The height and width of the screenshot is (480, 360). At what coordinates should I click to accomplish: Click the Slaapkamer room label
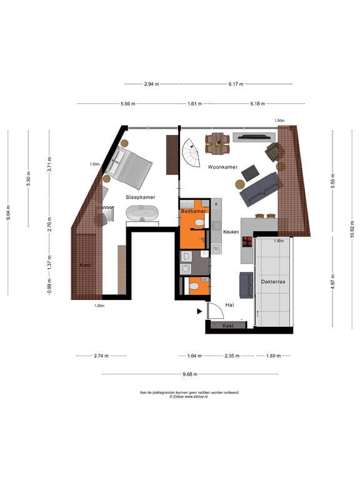tap(141, 197)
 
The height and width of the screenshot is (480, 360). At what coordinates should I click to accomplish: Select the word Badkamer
tap(193, 211)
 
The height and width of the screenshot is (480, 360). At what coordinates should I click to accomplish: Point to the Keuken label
tap(231, 232)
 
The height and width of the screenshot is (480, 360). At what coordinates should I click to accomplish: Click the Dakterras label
tap(274, 282)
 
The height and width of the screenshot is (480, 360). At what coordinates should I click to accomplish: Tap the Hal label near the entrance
tap(229, 305)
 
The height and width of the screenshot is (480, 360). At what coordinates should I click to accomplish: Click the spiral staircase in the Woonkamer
tap(191, 150)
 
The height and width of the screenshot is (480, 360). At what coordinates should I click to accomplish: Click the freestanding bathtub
tap(142, 214)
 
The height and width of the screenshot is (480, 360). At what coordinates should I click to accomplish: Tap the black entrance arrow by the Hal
tap(199, 311)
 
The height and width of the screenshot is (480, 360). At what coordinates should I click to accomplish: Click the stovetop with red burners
tap(247, 242)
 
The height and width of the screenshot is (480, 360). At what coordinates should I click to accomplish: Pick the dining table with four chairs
tap(217, 143)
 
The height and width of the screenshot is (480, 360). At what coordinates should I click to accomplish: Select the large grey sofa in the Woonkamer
tap(259, 189)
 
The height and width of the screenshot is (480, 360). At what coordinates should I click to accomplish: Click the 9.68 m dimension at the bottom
tap(190, 374)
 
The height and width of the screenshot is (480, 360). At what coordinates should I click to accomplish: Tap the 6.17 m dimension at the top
tap(236, 84)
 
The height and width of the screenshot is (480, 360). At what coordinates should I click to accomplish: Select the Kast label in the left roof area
tap(86, 265)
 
